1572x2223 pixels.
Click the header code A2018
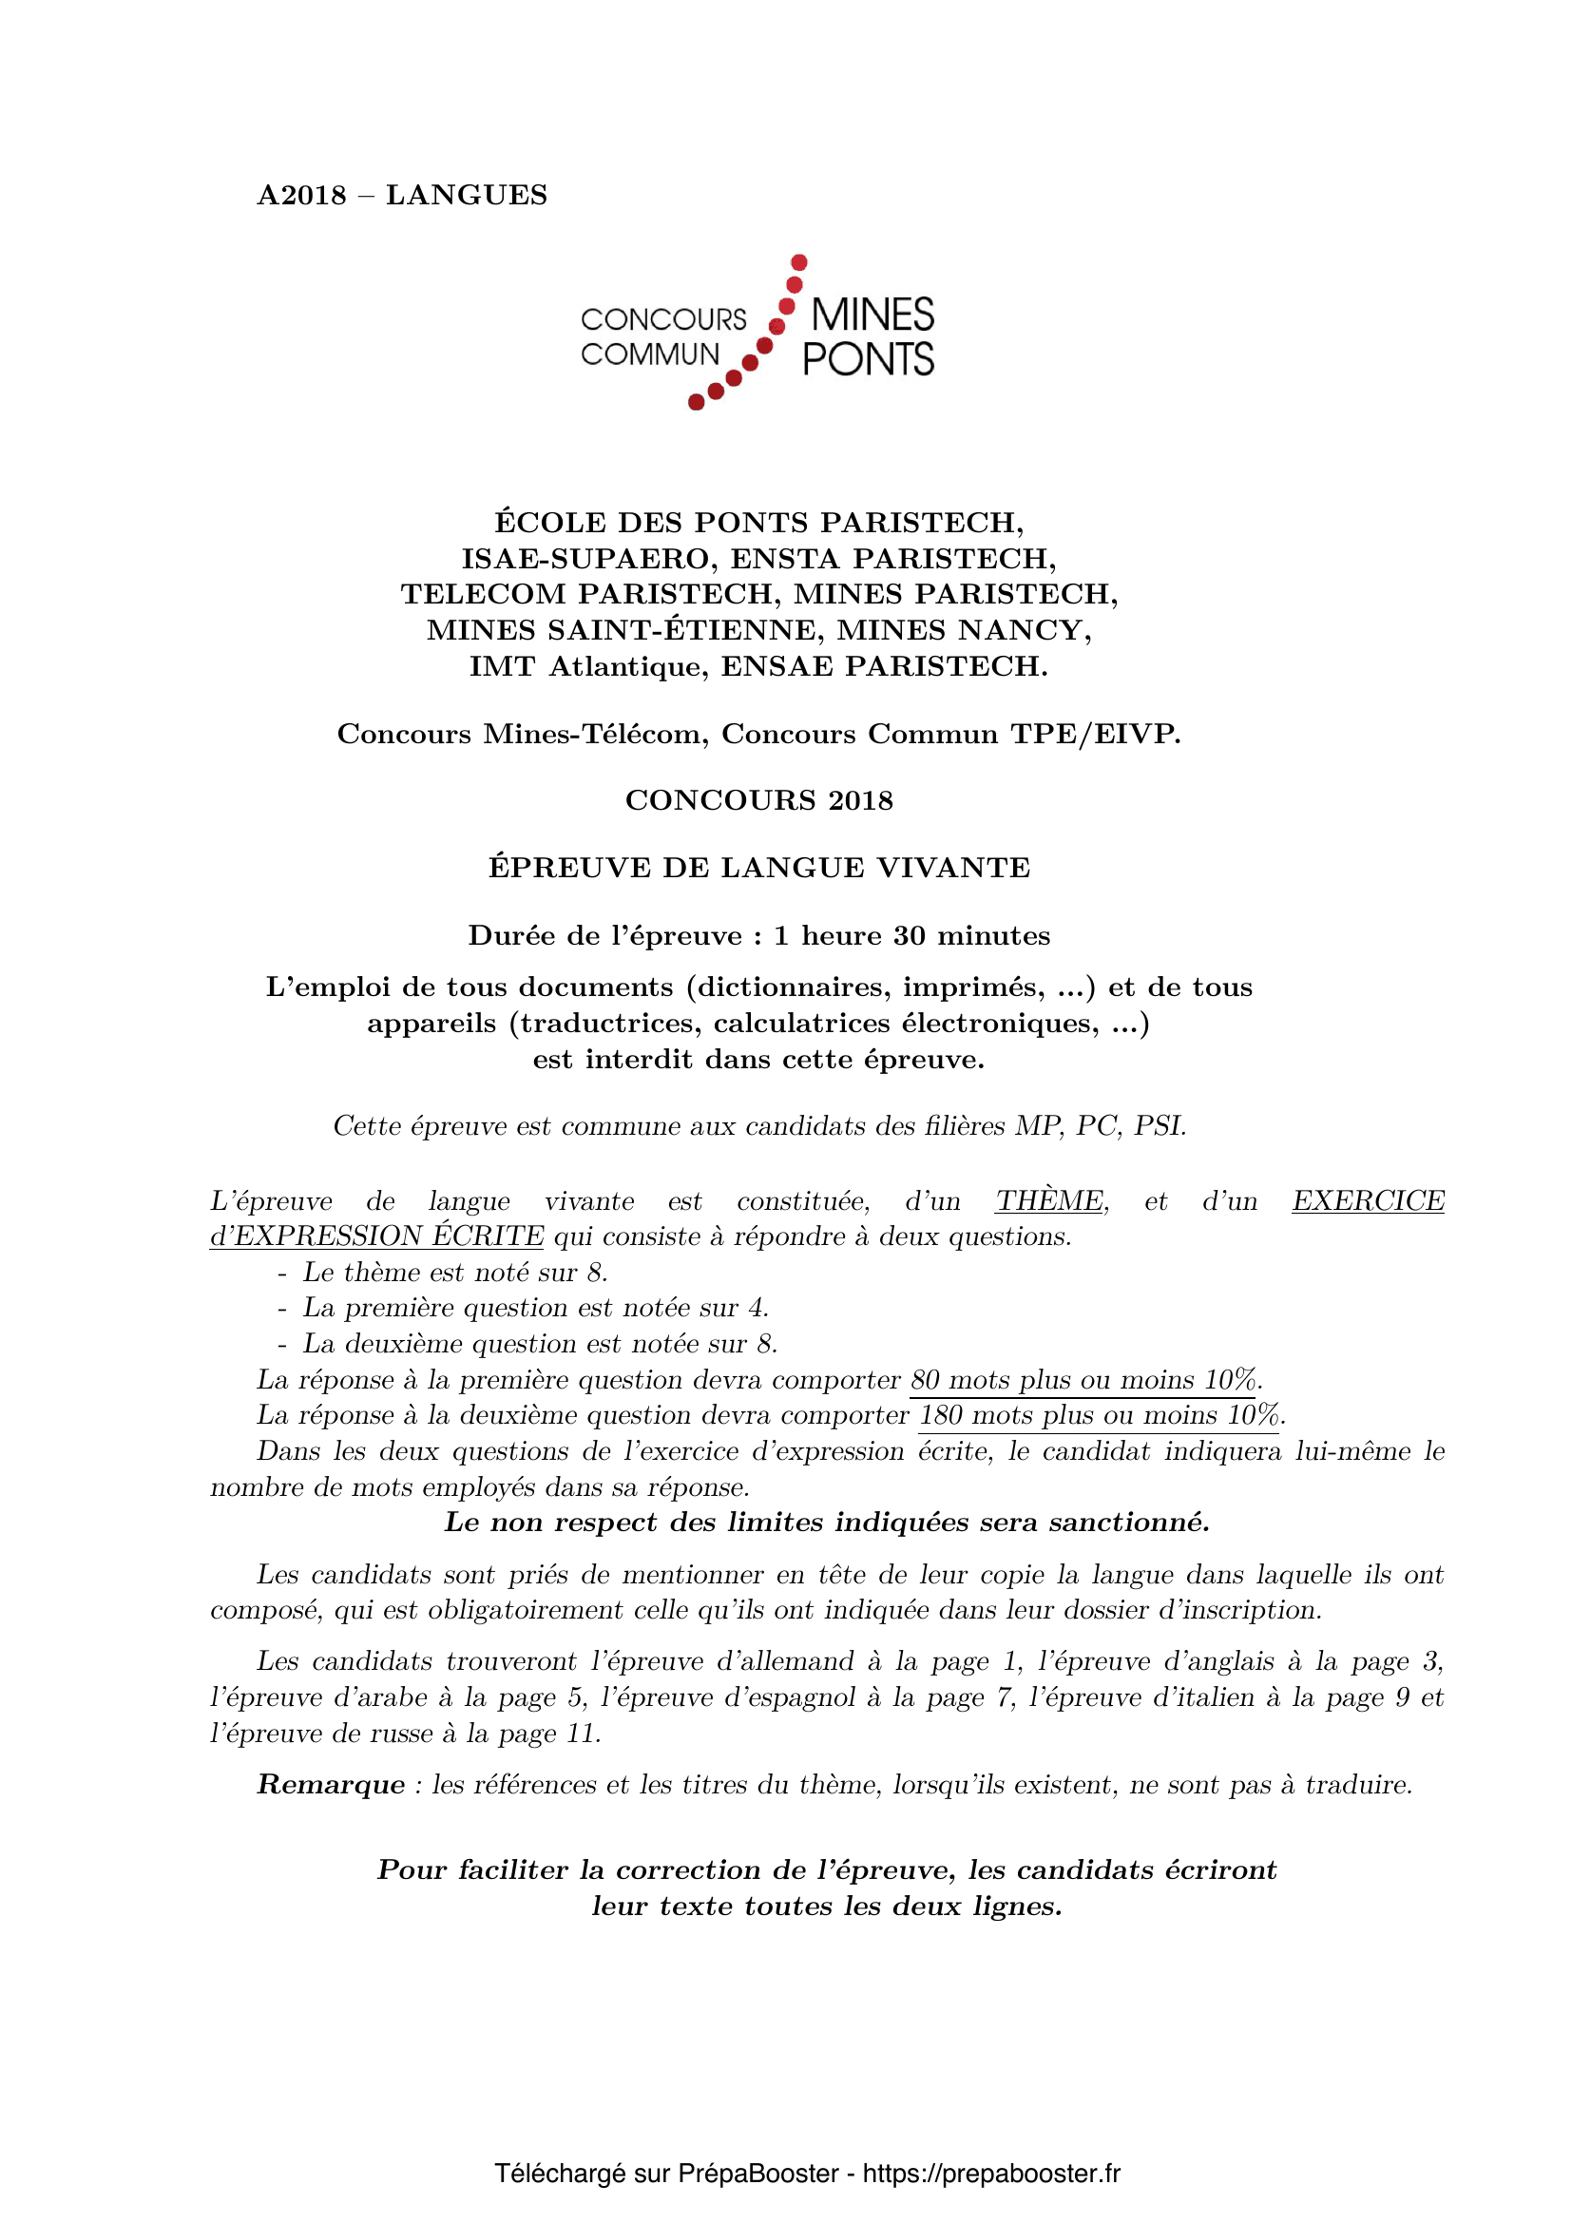click(301, 196)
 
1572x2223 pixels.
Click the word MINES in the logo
click(872, 316)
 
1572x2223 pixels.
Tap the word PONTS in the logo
click(869, 360)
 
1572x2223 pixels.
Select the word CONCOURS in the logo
click(663, 319)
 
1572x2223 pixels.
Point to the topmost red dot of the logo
click(799, 262)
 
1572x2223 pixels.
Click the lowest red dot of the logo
click(696, 403)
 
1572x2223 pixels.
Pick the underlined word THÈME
click(1049, 1201)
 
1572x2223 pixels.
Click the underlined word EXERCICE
click(1368, 1201)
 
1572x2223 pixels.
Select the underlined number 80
click(926, 1380)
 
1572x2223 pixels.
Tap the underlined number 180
click(939, 1415)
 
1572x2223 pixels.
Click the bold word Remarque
click(331, 1785)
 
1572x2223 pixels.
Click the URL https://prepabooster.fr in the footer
click(991, 2174)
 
